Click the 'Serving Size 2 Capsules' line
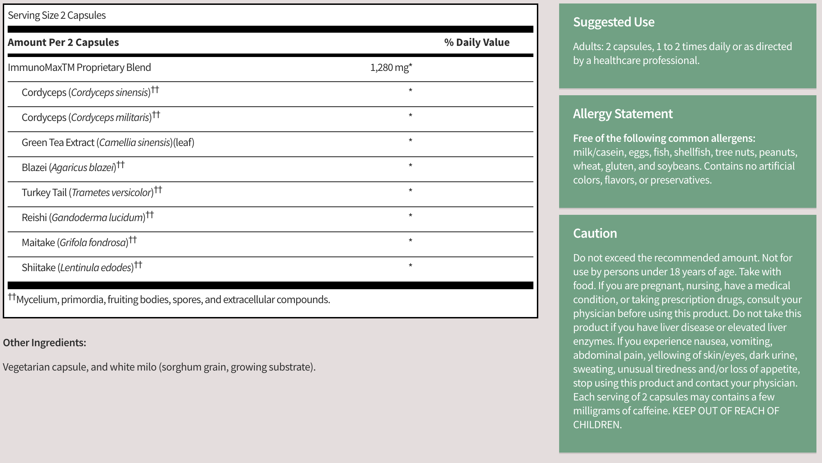57,15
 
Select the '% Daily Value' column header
477,42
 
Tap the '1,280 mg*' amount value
391,67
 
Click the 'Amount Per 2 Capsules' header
63,42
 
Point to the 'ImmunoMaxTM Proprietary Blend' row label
79,67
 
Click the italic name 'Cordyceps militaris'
110,117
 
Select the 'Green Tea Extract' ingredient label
58,143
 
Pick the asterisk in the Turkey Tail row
410,191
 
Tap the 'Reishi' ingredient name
34,218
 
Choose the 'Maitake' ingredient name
38,243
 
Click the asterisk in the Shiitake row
410,266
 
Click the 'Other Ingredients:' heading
45,343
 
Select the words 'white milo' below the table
133,367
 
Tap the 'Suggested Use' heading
614,22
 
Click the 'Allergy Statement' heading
623,114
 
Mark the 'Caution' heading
595,234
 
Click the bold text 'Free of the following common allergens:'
664,138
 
